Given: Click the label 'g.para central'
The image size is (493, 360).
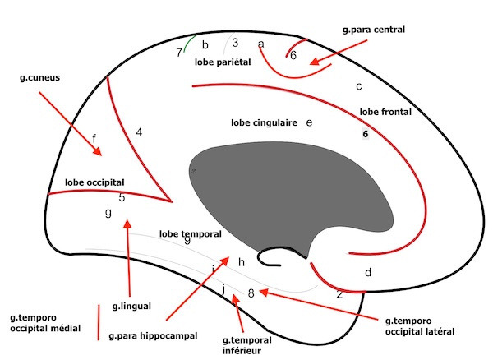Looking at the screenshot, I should [374, 30].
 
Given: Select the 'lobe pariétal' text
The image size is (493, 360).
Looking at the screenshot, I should [222, 62].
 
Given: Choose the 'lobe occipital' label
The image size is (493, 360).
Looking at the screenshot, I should [94, 181].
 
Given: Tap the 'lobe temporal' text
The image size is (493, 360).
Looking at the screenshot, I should [191, 233].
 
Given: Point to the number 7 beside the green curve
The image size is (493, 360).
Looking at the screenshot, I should [179, 53].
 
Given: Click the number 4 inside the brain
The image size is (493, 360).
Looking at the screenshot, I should [140, 132].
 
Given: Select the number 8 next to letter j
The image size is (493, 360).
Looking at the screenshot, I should [251, 292].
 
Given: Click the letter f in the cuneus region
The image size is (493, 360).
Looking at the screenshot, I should [94, 137].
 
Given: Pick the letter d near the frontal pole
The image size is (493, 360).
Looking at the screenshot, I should [369, 272].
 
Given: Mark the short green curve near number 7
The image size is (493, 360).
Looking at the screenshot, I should [190, 42].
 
